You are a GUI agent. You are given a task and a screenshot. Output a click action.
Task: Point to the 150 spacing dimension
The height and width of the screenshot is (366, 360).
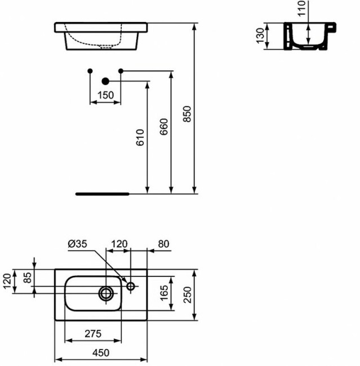[x=105, y=95]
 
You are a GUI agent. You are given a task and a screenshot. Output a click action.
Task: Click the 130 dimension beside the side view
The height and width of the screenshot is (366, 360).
[x=259, y=35]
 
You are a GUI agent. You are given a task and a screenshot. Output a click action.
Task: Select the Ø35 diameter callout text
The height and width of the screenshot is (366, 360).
[x=76, y=243]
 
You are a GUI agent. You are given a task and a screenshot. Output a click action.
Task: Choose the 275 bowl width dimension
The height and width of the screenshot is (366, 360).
[x=92, y=333]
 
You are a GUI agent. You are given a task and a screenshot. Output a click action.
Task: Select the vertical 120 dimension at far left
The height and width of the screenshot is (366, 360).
[x=7, y=280]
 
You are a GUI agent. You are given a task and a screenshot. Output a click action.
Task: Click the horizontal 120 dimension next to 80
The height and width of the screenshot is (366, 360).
[x=119, y=243]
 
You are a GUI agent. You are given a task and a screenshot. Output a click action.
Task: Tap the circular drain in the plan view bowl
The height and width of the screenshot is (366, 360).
[x=106, y=292]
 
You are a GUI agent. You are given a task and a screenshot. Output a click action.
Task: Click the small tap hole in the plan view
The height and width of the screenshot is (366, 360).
[x=131, y=287]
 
